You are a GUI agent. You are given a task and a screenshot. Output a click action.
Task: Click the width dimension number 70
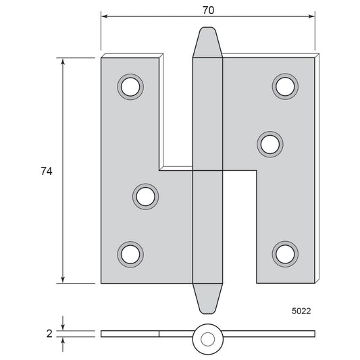[x=209, y=10]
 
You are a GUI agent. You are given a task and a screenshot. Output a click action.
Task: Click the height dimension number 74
[x=47, y=172]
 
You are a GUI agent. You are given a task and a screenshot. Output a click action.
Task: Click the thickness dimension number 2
[x=49, y=334]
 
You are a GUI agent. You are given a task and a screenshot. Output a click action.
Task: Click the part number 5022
[x=301, y=311]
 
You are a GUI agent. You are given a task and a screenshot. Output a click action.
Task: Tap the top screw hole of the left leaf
[x=130, y=86]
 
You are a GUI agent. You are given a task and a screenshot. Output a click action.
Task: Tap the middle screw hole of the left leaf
[x=146, y=197]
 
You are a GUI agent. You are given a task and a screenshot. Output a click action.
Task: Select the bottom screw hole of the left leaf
[x=130, y=255]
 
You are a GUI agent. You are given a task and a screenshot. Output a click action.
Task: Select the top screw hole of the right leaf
[x=285, y=86]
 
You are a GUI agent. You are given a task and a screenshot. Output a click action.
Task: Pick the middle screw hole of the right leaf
[x=270, y=145]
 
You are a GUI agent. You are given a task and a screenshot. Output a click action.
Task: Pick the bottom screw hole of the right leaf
[x=285, y=254]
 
